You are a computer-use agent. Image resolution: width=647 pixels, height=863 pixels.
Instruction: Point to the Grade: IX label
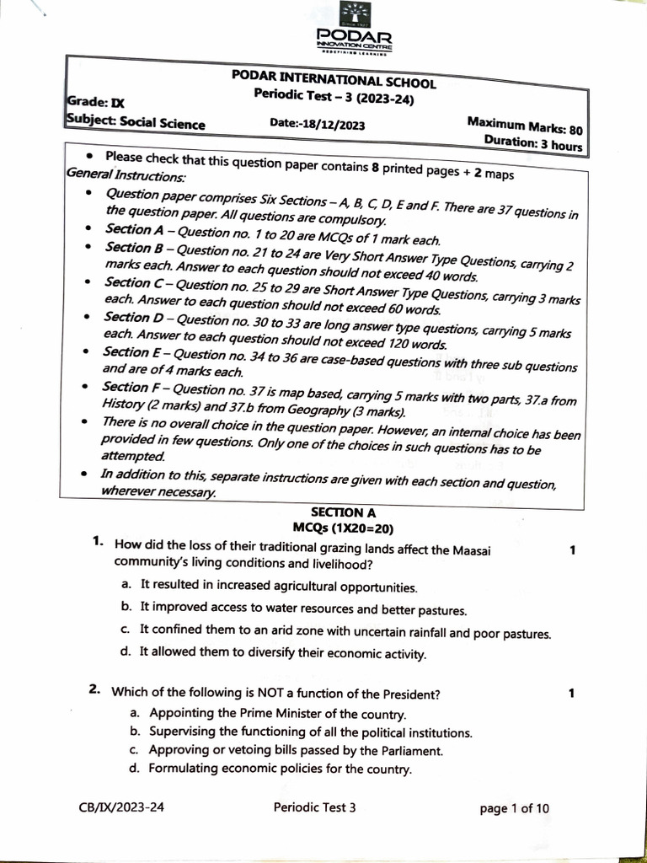(x=94, y=103)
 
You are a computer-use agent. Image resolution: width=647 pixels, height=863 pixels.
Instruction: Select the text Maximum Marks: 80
(x=524, y=126)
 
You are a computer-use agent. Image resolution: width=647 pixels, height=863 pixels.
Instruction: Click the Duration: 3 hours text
(x=532, y=143)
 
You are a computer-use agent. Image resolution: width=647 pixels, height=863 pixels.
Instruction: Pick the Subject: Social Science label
(x=135, y=122)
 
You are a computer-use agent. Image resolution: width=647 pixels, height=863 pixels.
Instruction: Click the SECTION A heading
(x=337, y=512)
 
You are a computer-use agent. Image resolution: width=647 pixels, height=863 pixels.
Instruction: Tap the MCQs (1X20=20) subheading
(x=337, y=528)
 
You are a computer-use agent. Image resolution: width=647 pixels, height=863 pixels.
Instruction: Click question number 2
(x=95, y=690)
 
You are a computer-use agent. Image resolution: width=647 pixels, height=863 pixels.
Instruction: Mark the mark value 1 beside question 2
(x=571, y=694)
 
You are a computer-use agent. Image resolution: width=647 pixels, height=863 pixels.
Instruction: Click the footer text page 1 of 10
(x=514, y=809)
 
